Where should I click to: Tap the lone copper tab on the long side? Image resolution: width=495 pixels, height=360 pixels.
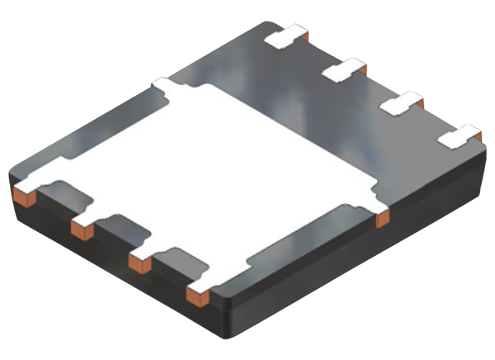click(x=382, y=220)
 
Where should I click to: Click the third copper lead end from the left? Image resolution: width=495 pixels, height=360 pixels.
click(x=139, y=263)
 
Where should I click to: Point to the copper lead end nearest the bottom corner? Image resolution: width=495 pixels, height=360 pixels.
click(x=197, y=296)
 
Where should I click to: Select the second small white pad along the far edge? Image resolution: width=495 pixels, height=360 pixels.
click(x=340, y=70)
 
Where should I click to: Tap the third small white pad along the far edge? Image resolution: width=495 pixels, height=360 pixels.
click(x=398, y=105)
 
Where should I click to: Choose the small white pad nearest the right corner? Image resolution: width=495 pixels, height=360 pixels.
click(x=456, y=137)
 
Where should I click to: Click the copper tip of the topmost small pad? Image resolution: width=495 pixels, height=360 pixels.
click(x=304, y=35)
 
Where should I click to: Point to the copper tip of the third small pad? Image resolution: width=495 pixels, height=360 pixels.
click(x=421, y=102)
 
